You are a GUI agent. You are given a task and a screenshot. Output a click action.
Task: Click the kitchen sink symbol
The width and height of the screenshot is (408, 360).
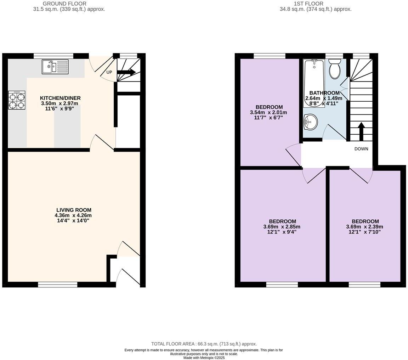tap(55, 67)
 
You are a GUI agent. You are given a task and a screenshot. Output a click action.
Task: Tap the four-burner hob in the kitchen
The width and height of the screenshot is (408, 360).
tap(17, 100)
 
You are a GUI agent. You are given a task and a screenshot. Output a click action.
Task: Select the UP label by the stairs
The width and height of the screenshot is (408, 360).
tap(109, 72)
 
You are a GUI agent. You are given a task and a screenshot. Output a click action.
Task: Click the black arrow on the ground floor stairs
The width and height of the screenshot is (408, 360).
tap(126, 72)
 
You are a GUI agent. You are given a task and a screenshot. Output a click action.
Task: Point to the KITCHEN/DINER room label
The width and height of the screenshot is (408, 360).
tap(60, 98)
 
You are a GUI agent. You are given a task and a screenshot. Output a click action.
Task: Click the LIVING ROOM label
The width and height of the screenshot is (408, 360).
tap(74, 210)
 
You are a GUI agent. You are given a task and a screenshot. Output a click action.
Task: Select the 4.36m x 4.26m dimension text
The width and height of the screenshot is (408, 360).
tap(73, 215)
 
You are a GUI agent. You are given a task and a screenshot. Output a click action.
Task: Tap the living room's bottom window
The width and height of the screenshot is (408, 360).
tap(58, 284)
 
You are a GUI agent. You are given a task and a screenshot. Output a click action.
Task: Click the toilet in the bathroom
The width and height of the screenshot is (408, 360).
tap(335, 69)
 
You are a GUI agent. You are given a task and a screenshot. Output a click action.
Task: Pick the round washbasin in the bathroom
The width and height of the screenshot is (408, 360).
tap(310, 122)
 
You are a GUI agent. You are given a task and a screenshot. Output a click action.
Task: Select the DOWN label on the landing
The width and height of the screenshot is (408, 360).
tap(361, 149)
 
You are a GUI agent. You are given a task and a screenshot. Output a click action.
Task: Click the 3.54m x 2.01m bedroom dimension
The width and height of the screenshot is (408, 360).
tap(268, 112)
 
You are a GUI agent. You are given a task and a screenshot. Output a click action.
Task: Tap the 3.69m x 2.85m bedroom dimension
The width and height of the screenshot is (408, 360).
tap(282, 227)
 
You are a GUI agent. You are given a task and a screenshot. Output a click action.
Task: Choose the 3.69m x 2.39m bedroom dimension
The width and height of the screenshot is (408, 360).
tap(364, 227)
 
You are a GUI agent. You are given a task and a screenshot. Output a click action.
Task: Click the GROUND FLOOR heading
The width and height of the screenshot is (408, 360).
tap(64, 4)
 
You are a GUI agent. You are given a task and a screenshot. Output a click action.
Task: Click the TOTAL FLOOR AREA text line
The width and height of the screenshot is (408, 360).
tap(204, 344)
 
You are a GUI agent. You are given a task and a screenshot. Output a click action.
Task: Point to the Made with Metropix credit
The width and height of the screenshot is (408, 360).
tap(204, 358)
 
